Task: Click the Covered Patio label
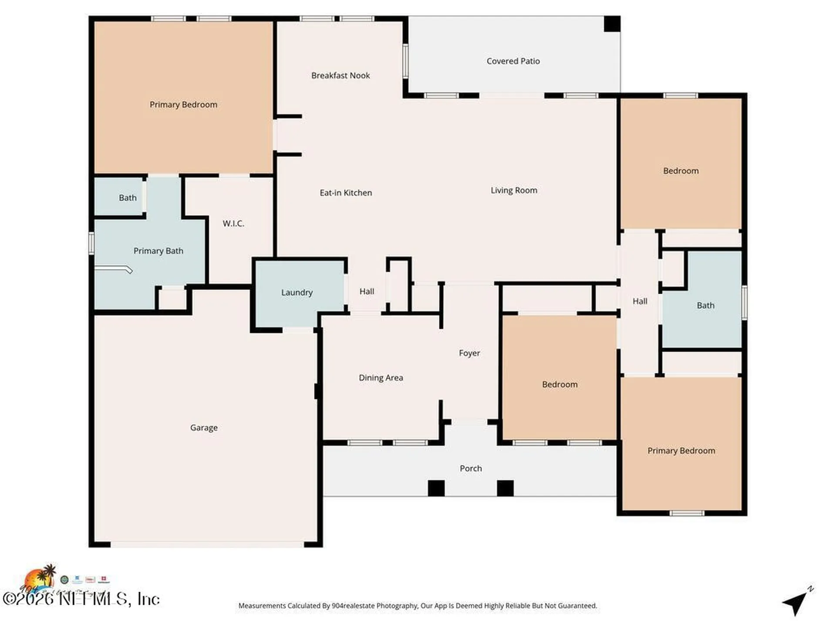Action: (x=513, y=61)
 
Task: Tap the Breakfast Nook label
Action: (x=340, y=76)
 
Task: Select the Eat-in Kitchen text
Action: (x=346, y=193)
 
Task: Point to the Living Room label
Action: (x=514, y=190)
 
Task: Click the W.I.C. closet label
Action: (x=233, y=224)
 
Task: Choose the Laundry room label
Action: (x=297, y=293)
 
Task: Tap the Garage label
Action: (x=204, y=428)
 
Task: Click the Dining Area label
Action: (x=381, y=378)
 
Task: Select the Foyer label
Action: (x=469, y=353)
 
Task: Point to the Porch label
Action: (x=471, y=469)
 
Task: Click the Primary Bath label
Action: (x=158, y=251)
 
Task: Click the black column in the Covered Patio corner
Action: (x=612, y=24)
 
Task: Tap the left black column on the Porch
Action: (x=436, y=488)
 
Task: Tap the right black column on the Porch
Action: (x=505, y=488)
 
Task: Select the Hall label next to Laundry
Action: (x=367, y=292)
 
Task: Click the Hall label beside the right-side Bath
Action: (x=640, y=301)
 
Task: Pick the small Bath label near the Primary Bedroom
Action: (x=128, y=198)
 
